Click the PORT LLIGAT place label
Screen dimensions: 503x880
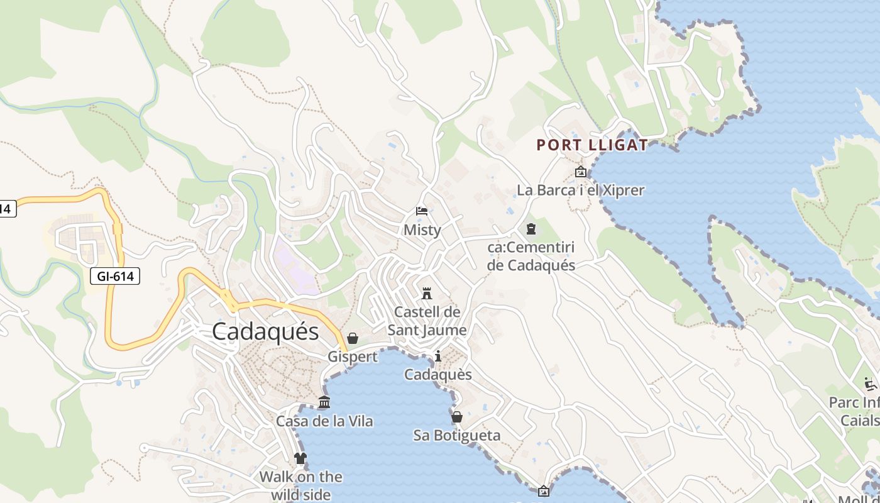point(591,145)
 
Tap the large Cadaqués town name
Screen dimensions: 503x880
point(265,331)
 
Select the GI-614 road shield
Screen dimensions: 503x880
point(114,275)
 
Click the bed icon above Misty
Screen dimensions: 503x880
point(422,211)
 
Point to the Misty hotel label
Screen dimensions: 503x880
point(422,230)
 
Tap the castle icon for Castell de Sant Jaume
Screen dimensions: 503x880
point(427,293)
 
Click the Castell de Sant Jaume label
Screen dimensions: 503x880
point(427,321)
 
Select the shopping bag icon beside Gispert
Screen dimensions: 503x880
point(353,338)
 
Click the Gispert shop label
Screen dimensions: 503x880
point(353,357)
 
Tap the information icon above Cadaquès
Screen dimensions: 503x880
point(438,357)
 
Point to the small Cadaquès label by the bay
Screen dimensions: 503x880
point(438,375)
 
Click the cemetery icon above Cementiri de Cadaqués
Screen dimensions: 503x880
point(531,228)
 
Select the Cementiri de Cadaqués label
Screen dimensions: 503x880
point(531,256)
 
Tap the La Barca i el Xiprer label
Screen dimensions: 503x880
point(581,190)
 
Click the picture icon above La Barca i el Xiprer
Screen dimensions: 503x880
point(581,172)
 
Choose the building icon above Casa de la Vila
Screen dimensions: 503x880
point(324,402)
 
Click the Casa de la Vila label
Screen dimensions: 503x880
point(324,421)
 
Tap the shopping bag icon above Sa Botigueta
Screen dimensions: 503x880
point(457,417)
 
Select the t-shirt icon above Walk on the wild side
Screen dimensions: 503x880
point(300,458)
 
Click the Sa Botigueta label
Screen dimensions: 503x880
point(457,436)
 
